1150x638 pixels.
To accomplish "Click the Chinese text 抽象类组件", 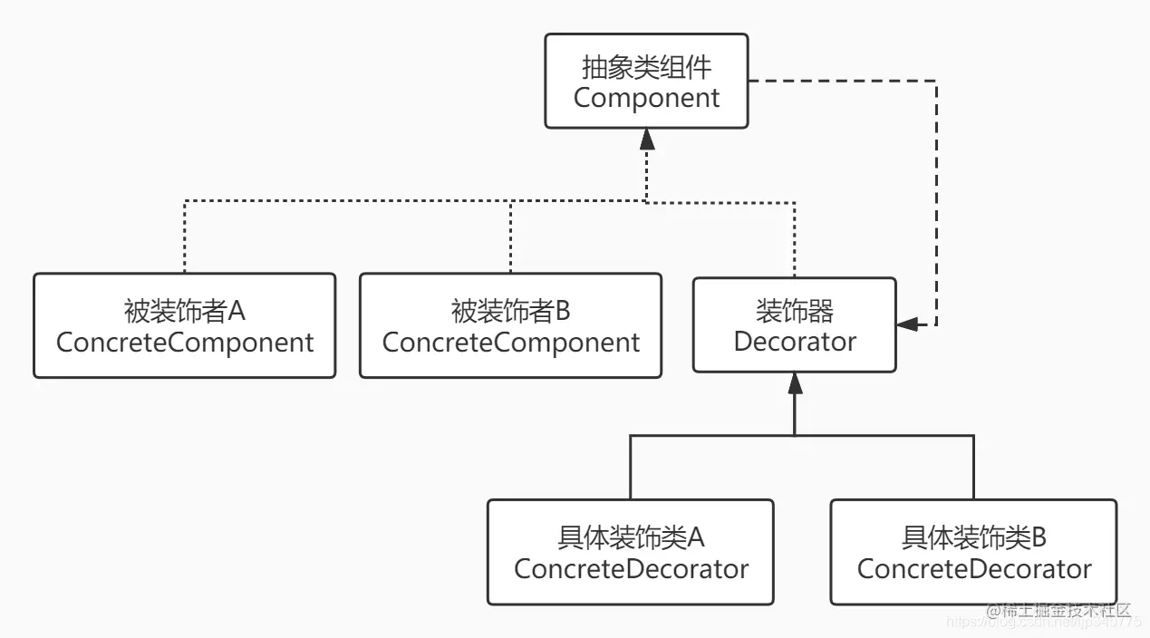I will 646,67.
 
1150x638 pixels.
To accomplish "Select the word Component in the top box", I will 646,97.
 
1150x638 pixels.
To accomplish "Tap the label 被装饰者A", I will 184,312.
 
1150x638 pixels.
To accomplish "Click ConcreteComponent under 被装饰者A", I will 184,343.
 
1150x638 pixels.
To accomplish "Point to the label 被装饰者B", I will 510,312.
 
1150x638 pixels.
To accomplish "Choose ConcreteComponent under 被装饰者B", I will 510,343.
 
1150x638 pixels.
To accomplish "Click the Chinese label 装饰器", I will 794,312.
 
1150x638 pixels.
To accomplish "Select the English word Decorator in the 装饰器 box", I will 794,342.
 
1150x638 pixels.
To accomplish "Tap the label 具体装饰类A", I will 631,538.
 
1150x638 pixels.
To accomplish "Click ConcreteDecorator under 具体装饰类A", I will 631,569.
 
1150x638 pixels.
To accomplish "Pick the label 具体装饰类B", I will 973,538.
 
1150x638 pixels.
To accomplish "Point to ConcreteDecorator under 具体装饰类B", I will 973,569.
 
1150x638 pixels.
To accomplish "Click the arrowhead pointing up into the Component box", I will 646,139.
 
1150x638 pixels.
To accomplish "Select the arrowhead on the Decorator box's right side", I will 906,324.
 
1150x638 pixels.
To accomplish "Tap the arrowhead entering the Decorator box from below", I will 794,382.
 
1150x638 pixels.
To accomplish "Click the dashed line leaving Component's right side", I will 843,81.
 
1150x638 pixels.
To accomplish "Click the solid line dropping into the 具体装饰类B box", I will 973,467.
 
